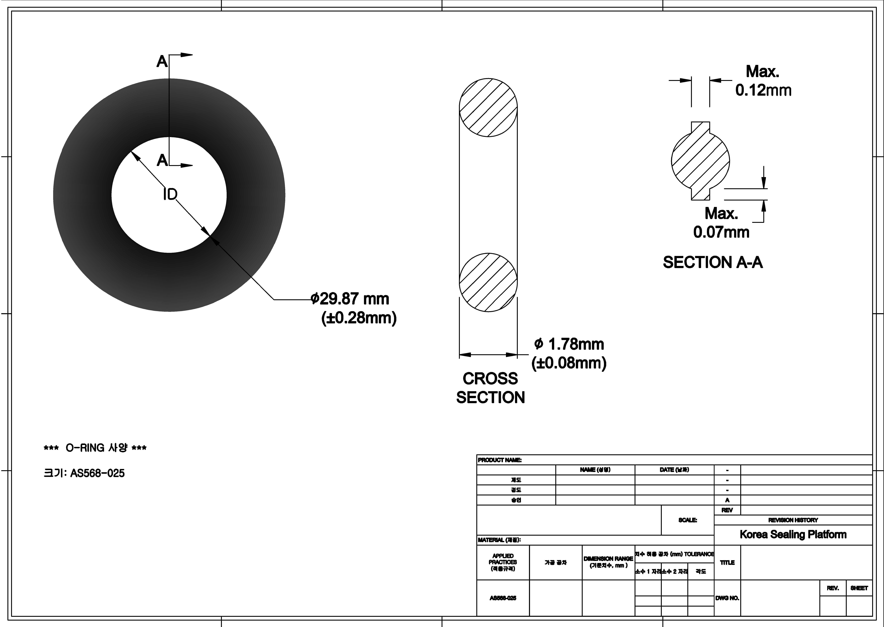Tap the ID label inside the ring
(x=170, y=195)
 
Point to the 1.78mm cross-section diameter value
(x=569, y=344)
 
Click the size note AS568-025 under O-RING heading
(x=84, y=473)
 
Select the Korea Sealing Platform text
(x=793, y=534)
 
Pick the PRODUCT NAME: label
(x=500, y=460)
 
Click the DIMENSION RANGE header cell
(x=608, y=562)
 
